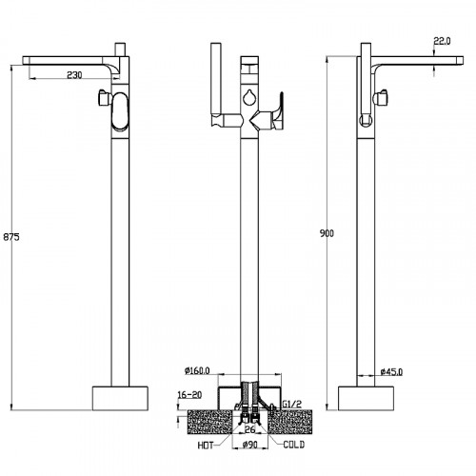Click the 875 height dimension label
pyautogui.click(x=11, y=237)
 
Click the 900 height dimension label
pyautogui.click(x=327, y=233)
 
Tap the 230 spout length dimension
pyautogui.click(x=74, y=75)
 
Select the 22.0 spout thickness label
pyautogui.click(x=443, y=41)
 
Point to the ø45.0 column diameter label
pyautogui.click(x=391, y=371)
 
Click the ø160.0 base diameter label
pyautogui.click(x=197, y=370)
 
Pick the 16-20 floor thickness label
pyautogui.click(x=189, y=395)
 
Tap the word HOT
pyautogui.click(x=206, y=446)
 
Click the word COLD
pyautogui.click(x=294, y=445)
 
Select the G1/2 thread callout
pyautogui.click(x=291, y=404)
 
